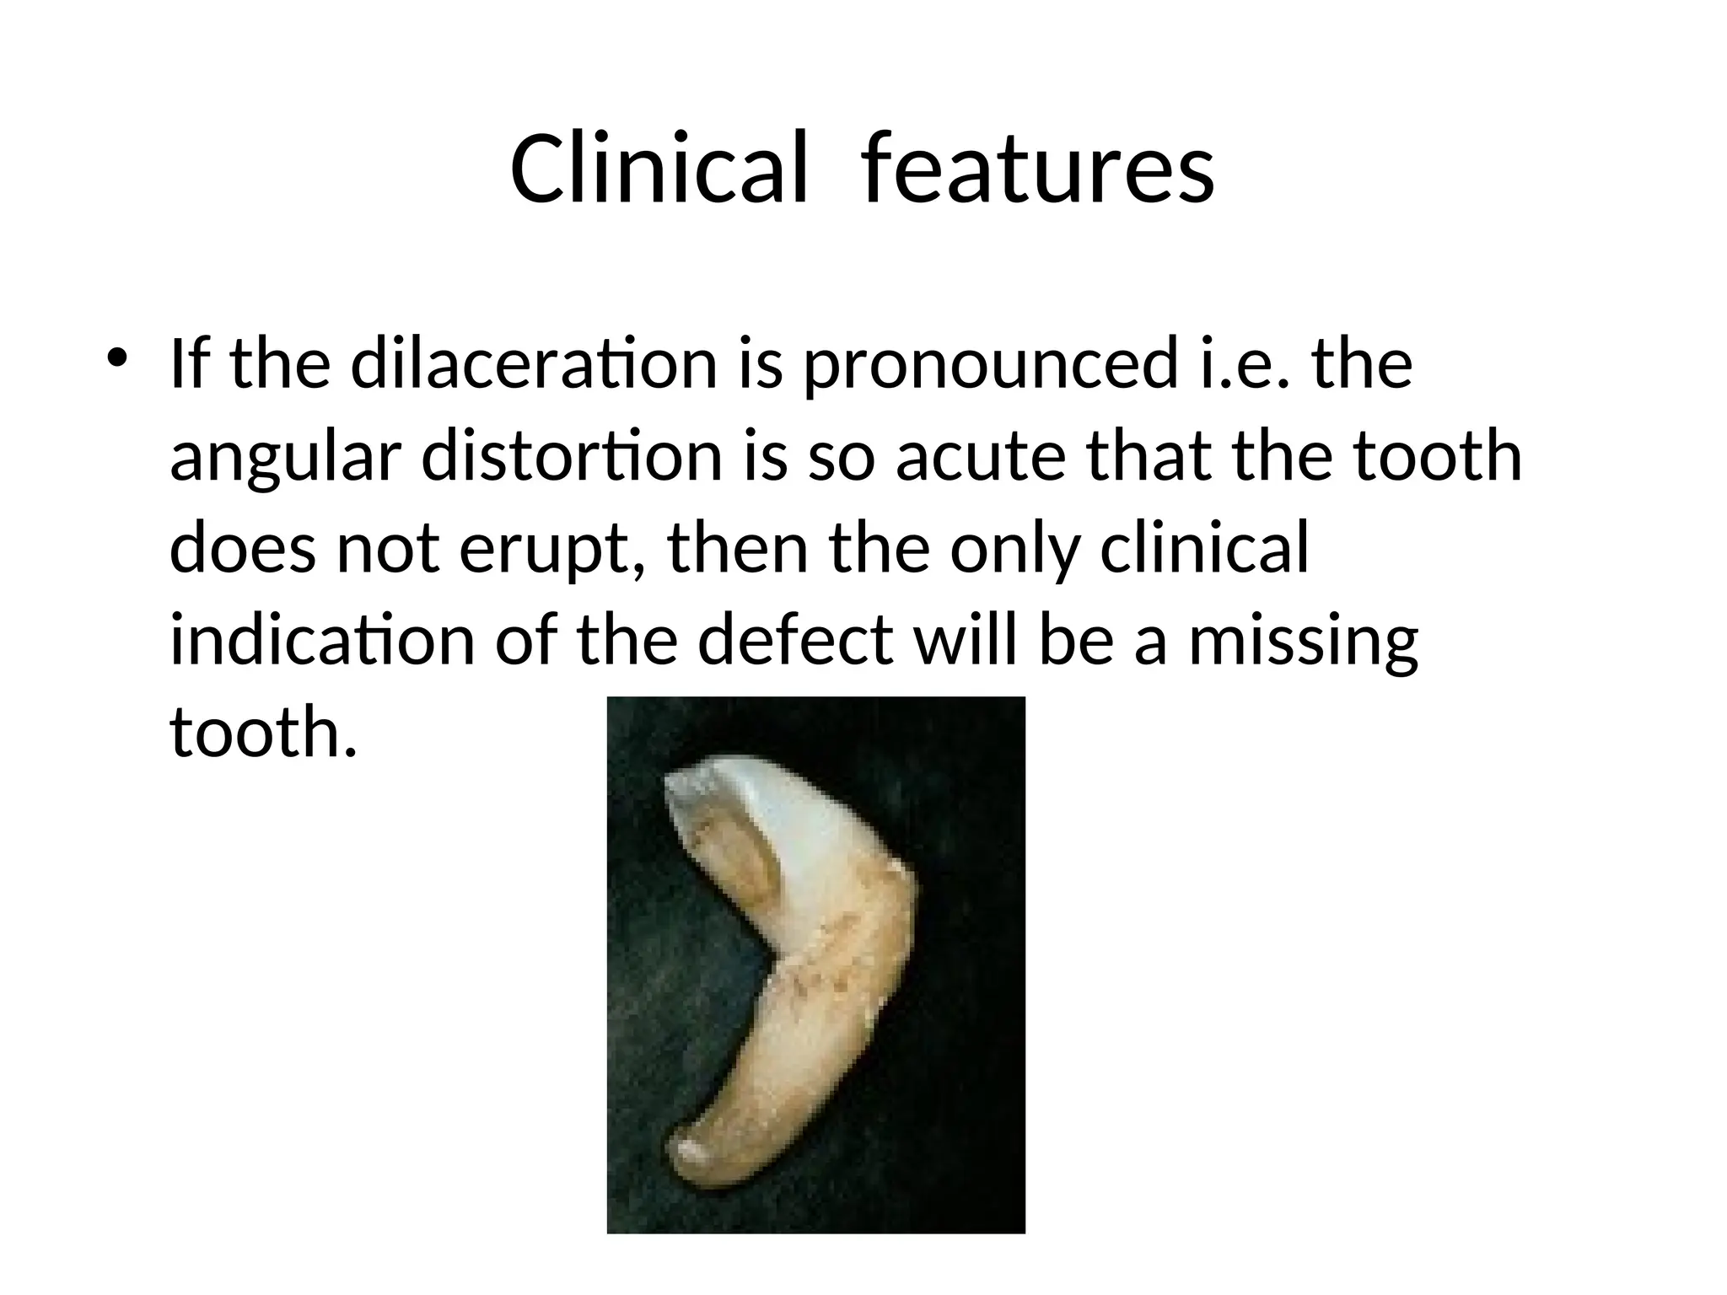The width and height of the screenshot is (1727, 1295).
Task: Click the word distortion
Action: tap(572, 457)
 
